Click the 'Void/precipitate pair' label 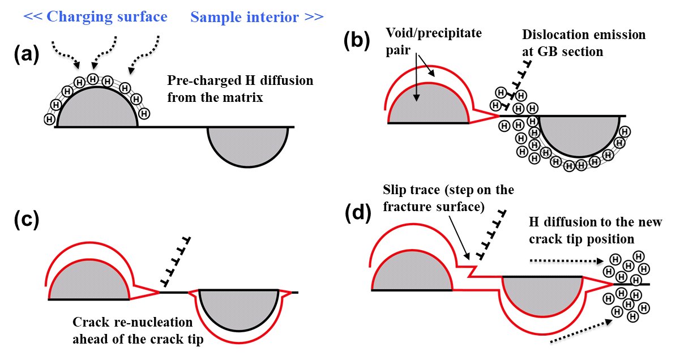click(x=434, y=41)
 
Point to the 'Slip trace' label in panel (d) click(x=447, y=196)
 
